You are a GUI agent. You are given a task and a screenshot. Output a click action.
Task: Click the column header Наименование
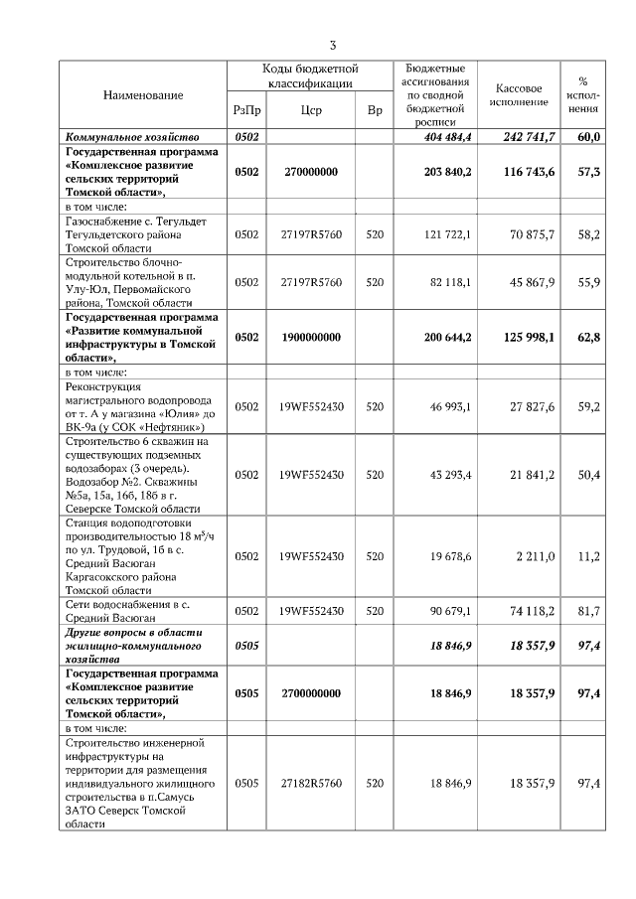143,94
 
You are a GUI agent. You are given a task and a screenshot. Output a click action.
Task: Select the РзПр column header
246,111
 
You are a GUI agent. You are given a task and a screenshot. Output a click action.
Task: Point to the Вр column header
375,111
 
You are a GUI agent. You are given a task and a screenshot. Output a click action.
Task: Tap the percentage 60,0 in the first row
588,136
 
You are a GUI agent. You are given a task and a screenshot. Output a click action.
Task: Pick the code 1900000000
309,337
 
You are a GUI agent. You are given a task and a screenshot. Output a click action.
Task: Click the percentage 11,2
588,556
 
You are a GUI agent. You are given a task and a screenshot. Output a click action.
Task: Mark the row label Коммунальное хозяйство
132,136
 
